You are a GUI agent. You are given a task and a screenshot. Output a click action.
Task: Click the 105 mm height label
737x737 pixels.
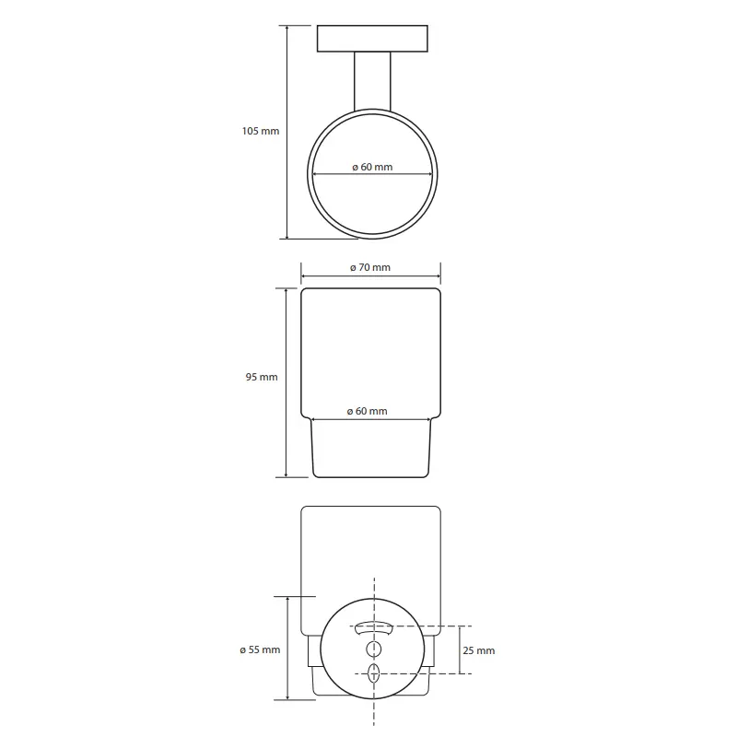[x=261, y=131]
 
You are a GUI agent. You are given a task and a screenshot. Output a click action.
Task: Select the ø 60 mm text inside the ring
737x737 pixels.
[x=372, y=167]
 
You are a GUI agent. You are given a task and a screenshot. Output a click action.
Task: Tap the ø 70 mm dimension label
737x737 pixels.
[x=370, y=267]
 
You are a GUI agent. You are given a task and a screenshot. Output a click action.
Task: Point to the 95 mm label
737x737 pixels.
[x=262, y=377]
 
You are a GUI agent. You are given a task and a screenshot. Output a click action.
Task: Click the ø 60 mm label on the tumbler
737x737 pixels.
[x=367, y=411]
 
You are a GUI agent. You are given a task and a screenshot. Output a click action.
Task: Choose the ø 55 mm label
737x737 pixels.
[x=260, y=649]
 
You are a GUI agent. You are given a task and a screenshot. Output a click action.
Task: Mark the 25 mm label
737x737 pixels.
[x=478, y=650]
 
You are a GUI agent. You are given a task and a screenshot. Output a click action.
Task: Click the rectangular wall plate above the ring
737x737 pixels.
[x=372, y=39]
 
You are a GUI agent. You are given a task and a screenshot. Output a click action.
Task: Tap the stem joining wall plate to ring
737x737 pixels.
[x=372, y=81]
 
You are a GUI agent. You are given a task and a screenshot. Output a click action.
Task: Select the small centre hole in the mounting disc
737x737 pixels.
[x=374, y=649]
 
